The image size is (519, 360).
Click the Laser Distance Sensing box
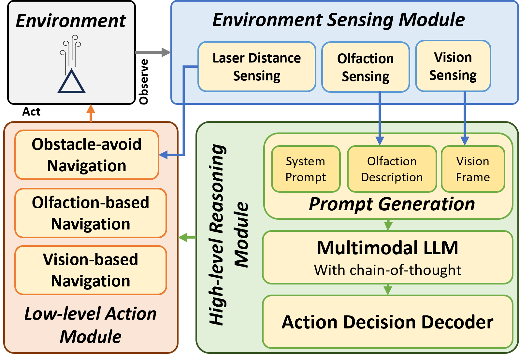pos(257,67)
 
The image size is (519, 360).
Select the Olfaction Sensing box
pos(365,67)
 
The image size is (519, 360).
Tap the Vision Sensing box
pos(453,66)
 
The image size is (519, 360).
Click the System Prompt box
pos(306,169)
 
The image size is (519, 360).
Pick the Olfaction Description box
pos(392,169)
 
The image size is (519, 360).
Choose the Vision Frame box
pos(473,169)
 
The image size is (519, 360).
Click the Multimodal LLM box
pos(387,257)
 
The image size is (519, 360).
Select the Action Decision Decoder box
pos(387,322)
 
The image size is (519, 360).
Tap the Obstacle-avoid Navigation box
pos(87,155)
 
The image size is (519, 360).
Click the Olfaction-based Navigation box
pos(91,213)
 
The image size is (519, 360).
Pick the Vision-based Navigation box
pos(91,270)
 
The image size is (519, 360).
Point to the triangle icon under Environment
pos(71,82)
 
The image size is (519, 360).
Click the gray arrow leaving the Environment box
pos(152,52)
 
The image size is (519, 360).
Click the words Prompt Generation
pos(392,204)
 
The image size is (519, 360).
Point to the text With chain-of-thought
pos(387,270)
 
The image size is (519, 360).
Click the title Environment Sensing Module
pos(339,20)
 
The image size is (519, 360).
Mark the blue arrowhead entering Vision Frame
pos(465,141)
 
